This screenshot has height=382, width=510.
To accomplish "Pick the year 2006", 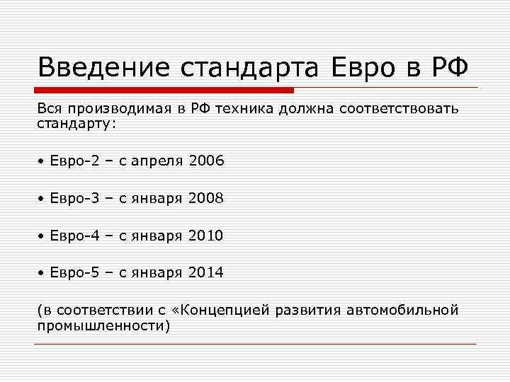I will pyautogui.click(x=206, y=161).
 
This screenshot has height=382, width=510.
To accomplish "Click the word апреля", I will pyautogui.click(x=157, y=161).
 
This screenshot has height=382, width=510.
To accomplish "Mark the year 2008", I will pyautogui.click(x=206, y=199).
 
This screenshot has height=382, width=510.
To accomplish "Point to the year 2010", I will pyautogui.click(x=206, y=236).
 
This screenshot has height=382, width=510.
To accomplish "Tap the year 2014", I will pyautogui.click(x=206, y=272).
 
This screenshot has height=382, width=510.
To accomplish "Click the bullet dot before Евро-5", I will pyautogui.click(x=42, y=273).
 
